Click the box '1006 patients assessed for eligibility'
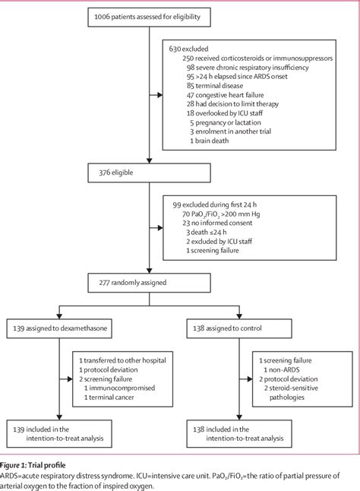(150, 16)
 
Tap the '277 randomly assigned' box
(150, 282)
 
